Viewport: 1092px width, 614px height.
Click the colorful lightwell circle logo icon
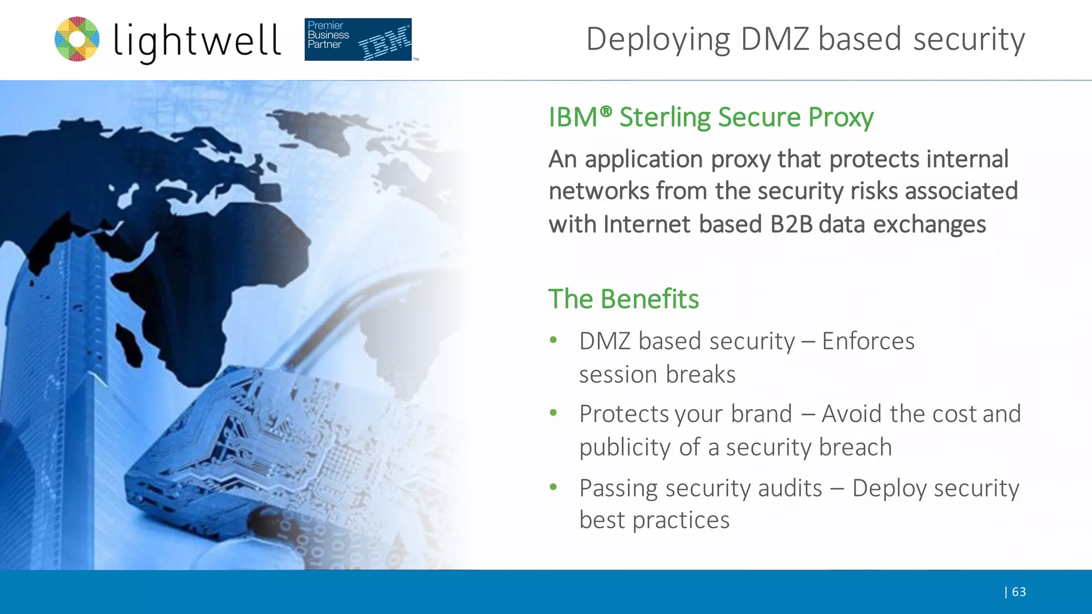77,39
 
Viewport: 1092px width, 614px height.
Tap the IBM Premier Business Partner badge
358,39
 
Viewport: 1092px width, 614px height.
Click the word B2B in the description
791,224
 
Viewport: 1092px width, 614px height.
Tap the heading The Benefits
623,299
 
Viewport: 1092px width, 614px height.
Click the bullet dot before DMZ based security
553,340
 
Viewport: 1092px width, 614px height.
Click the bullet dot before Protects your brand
553,413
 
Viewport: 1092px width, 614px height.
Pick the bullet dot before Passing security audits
553,487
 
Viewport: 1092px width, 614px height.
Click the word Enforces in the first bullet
868,341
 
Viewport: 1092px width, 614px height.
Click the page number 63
1018,592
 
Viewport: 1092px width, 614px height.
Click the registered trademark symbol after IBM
606,111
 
